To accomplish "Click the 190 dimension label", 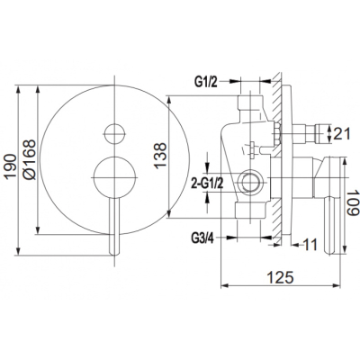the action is pos(11,166).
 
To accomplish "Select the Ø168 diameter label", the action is pos(30,159).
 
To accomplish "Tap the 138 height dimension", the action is pos(161,156).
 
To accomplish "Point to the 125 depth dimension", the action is pos(280,277).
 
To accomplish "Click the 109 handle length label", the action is pos(353,202).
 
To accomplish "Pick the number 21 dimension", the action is pos(342,133).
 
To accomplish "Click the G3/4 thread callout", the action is pos(202,238).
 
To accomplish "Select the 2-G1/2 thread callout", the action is pos(207,184).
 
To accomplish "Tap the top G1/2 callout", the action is pos(206,82).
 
